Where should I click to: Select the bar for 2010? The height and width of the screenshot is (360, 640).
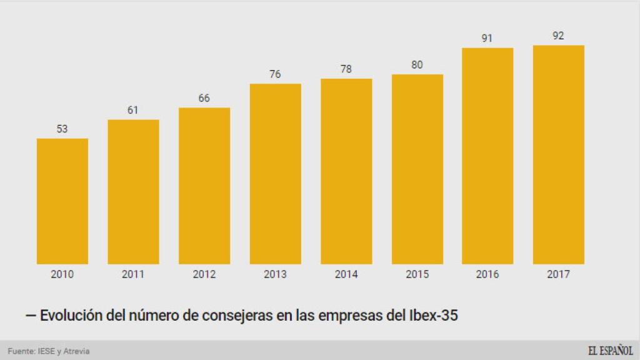62,201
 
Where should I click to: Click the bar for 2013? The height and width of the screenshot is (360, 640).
275,173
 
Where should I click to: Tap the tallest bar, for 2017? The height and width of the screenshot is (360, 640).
558,154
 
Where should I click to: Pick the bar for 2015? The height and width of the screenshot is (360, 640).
417,169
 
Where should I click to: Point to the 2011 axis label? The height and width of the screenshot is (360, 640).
133,274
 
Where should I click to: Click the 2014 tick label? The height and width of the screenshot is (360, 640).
346,274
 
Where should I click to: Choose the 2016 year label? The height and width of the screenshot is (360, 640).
487,274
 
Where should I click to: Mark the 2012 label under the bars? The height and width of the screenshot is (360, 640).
204,274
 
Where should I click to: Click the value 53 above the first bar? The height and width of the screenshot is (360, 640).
62,129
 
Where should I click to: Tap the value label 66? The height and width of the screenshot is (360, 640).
204,98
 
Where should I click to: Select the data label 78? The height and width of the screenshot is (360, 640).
346,69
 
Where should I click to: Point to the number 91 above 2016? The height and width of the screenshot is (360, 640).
487,39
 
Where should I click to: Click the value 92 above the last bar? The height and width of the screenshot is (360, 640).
558,36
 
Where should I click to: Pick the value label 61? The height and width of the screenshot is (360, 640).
133,110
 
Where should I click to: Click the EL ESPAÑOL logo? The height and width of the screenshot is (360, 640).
609,351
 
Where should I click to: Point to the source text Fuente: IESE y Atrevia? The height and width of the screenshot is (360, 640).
49,351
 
